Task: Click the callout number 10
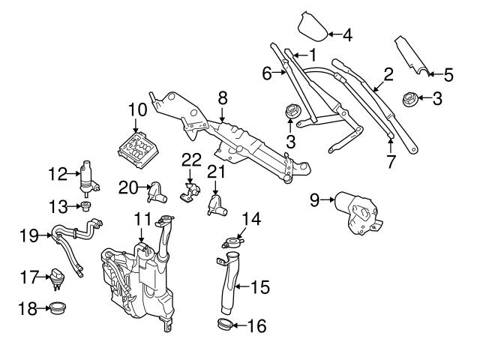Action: pos(136,109)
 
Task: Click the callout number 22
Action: pos(192,160)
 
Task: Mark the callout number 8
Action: pos(222,97)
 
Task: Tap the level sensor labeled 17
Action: pos(58,278)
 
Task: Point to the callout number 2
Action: pos(388,73)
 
